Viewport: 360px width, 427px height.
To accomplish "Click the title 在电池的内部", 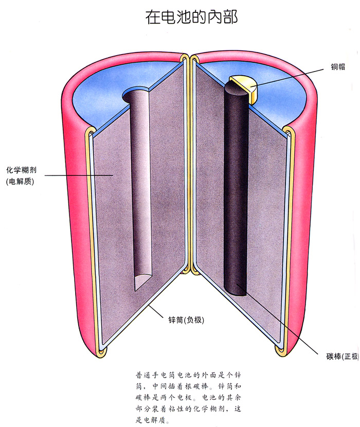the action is pyautogui.click(x=191, y=17).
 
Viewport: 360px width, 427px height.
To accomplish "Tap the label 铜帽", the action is pyautogui.click(x=338, y=67).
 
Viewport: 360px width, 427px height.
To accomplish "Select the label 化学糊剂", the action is pyautogui.click(x=21, y=170).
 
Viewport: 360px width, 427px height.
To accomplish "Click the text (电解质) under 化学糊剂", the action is pyautogui.click(x=20, y=182).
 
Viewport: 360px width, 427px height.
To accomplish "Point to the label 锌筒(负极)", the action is pyautogui.click(x=186, y=319).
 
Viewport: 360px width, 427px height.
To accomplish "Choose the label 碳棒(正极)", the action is pyautogui.click(x=343, y=356).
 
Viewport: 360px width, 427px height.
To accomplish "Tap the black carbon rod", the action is pyautogui.click(x=236, y=188).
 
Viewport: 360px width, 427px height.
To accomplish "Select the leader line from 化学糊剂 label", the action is pyautogui.click(x=79, y=175).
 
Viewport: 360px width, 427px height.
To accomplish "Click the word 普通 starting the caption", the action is pyautogui.click(x=142, y=375).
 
